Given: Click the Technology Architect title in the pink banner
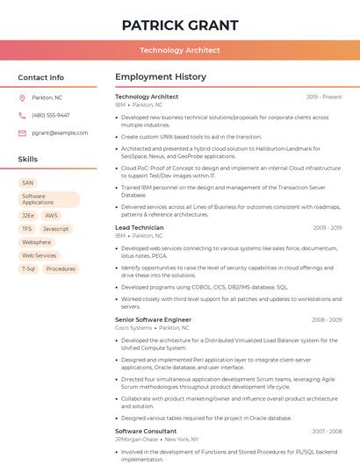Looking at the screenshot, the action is pos(179,50).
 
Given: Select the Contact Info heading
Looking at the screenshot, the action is pos(40,77).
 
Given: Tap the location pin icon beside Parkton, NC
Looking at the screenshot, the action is pos(23,97).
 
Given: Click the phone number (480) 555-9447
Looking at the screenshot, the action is pos(50,115).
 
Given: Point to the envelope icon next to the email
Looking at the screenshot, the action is pos(23,133).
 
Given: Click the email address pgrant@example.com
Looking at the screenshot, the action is pos(60,133).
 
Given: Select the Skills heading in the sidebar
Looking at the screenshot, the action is pos(28,160).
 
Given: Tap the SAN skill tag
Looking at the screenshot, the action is pos(28,182).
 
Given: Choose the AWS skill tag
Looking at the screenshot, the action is pos(52,215).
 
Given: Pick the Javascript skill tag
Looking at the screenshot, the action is pos(55,228).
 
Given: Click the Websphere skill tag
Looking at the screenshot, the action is pos(37,242).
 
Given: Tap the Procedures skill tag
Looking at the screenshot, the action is pos(61,268).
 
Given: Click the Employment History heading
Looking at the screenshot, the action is pos(161,77).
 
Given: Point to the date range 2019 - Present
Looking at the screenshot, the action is pos(324,97).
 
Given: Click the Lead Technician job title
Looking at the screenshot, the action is pos(139,227).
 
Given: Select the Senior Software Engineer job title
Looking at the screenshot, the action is pos(153,319).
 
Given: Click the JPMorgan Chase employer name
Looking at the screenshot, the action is pos(135,439).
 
